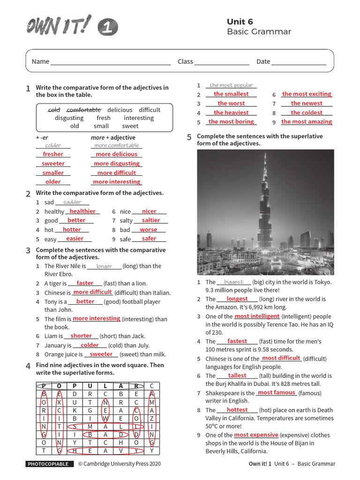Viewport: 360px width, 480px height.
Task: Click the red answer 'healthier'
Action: click(82, 211)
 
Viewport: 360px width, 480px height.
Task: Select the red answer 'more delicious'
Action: click(116, 154)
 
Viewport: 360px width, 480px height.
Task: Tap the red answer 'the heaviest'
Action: click(231, 112)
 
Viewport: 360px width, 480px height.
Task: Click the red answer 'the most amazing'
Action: click(307, 122)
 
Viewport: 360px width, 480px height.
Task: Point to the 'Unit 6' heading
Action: click(240, 22)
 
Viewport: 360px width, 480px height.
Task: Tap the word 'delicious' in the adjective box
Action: click(120, 110)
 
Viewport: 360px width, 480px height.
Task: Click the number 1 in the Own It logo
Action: click(108, 28)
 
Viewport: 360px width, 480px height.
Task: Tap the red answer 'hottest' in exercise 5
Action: click(237, 410)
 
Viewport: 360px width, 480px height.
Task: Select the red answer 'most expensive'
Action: click(256, 435)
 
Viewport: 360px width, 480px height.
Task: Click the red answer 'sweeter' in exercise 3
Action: click(101, 354)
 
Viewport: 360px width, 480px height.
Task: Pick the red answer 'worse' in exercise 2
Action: click(148, 230)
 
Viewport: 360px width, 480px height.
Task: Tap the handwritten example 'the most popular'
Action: click(231, 85)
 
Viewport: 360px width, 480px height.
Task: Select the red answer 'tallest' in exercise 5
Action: click(237, 375)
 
